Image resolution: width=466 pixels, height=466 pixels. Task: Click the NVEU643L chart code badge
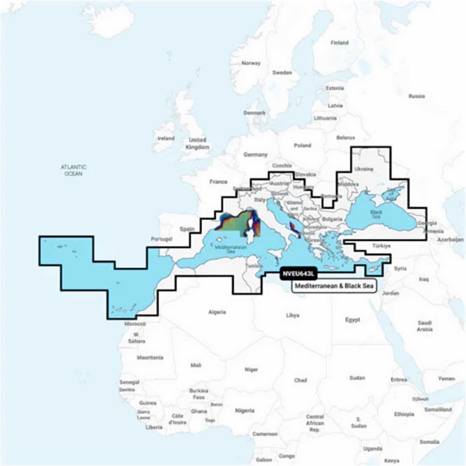298,273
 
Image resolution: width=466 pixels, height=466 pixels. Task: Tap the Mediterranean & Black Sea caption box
334,286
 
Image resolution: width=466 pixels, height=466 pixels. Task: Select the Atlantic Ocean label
73,170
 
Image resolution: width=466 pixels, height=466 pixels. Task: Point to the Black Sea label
376,214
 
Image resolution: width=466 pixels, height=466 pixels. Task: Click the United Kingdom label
197,143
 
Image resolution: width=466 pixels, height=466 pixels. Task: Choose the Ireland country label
166,138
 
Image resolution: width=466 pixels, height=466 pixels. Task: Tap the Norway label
251,63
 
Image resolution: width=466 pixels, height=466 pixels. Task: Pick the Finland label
339,43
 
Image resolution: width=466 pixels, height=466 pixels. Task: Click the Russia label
416,96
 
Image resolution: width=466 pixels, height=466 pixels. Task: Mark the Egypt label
353,320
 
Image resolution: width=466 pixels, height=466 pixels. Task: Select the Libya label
292,315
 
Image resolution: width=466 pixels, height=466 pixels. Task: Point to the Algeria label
217,312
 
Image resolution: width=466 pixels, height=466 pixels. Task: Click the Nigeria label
245,410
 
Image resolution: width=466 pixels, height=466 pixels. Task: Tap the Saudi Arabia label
424,326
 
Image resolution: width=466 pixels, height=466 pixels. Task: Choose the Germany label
255,155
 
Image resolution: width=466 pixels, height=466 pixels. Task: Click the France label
218,181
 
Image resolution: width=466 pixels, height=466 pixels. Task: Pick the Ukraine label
364,169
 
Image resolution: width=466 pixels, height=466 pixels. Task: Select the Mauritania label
150,357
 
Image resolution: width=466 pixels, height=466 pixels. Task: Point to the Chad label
300,380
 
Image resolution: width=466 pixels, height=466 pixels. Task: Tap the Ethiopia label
404,414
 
